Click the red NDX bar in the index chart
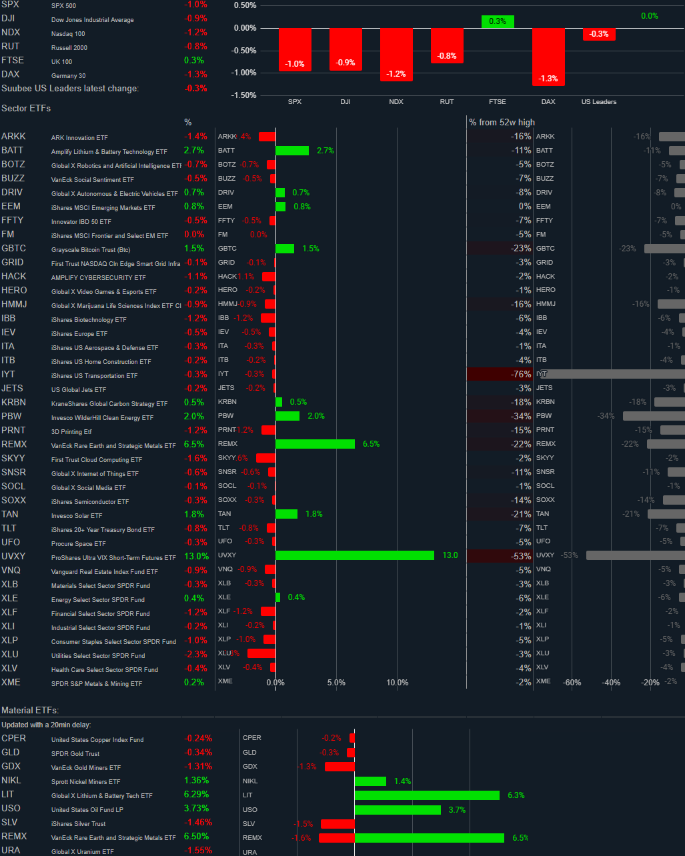[396, 54]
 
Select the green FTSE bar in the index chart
[498, 21]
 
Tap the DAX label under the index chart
[548, 102]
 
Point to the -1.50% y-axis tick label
[245, 95]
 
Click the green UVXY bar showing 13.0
[354, 555]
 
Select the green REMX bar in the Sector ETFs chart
[315, 443]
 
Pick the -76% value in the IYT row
[520, 375]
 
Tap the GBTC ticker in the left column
[13, 248]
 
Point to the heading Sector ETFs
[26, 108]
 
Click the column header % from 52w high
[502, 122]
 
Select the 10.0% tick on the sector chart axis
[398, 683]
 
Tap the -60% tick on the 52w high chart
[572, 683]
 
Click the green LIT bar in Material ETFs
[427, 795]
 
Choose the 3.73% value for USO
[196, 808]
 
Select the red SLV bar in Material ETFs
[337, 824]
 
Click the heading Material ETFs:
[30, 711]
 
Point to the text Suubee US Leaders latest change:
[70, 88]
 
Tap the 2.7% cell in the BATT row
[193, 151]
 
